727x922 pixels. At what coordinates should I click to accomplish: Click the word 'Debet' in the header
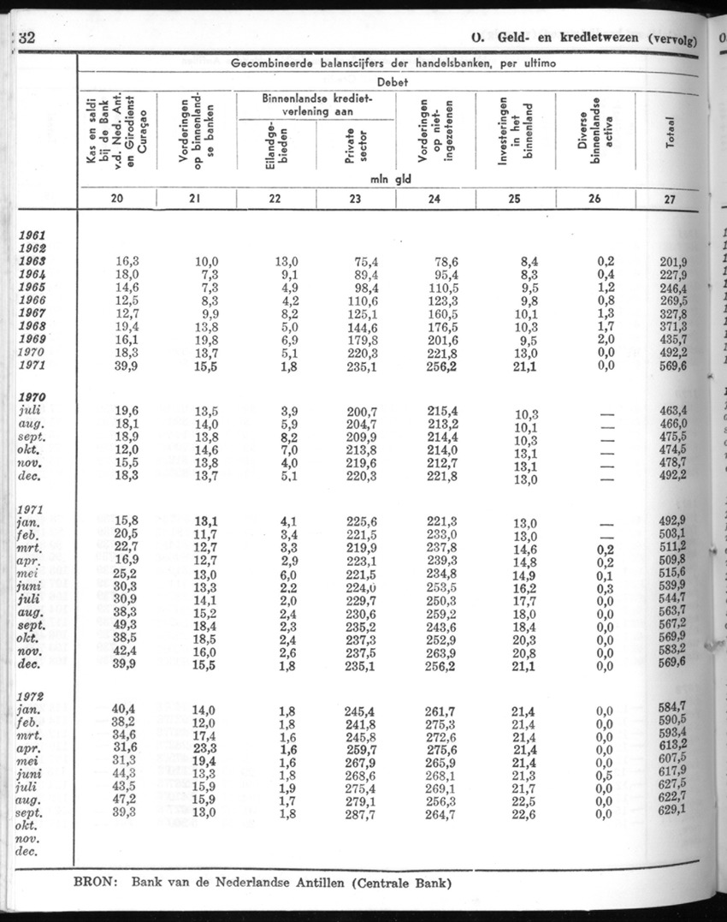(x=393, y=83)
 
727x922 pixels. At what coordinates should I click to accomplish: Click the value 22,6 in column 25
(x=523, y=812)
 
